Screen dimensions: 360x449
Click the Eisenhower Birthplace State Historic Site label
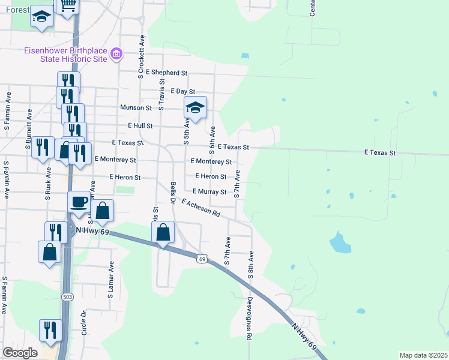(x=65, y=55)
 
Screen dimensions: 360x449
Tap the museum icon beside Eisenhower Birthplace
(x=117, y=55)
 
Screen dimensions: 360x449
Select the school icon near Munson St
(x=195, y=108)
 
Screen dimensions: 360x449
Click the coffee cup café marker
(x=79, y=202)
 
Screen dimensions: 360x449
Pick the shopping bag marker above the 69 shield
(x=163, y=232)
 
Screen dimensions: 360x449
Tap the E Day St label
(x=183, y=91)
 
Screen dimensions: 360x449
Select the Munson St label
(x=136, y=108)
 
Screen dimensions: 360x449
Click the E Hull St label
(x=140, y=126)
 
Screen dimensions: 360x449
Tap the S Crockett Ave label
(x=142, y=56)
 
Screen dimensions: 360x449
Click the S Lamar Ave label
(x=111, y=280)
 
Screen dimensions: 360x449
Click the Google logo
(x=20, y=353)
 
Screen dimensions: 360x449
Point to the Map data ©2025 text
(x=423, y=355)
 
